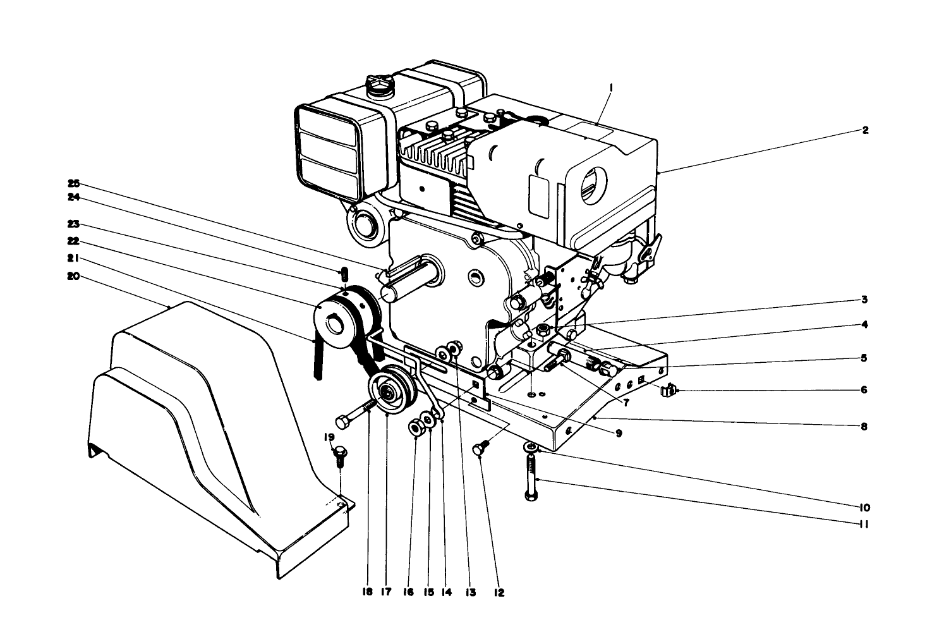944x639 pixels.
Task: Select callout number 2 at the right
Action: click(x=865, y=131)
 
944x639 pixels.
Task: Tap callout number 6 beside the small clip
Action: click(x=864, y=390)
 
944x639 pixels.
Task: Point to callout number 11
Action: click(x=864, y=523)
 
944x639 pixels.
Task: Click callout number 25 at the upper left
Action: click(x=75, y=183)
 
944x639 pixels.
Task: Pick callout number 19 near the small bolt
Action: click(x=329, y=437)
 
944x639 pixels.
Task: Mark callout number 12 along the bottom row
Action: click(x=499, y=592)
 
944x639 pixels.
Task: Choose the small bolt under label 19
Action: click(x=340, y=454)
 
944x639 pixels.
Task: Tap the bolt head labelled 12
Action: click(x=480, y=451)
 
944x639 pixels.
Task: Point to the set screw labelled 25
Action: click(x=345, y=274)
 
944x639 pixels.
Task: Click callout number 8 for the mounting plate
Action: click(x=864, y=426)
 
